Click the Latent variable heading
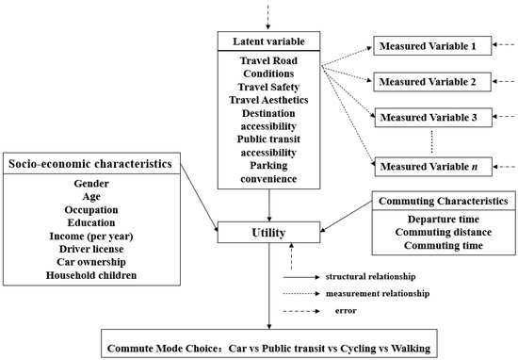coord(270,42)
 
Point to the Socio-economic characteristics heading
coord(90,163)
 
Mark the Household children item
coord(90,275)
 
